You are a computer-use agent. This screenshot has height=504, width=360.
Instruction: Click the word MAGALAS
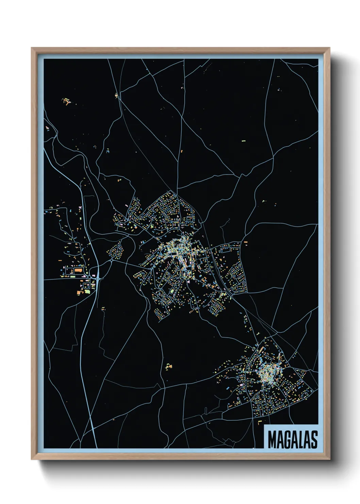[x=292, y=439]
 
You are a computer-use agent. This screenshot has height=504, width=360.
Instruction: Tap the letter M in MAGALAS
[x=272, y=439]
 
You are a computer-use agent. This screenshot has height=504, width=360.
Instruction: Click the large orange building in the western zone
[x=79, y=270]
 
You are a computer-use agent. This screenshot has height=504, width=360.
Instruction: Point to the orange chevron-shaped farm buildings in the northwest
[x=66, y=101]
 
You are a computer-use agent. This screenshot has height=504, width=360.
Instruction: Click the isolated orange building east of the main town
[x=245, y=242]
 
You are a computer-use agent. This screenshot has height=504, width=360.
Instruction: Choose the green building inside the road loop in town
[x=172, y=290]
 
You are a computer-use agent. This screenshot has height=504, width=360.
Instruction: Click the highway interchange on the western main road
[x=98, y=279]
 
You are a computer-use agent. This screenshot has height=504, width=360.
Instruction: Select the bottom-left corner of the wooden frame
[x=32, y=459]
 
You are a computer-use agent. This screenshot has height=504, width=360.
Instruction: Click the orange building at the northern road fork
[x=116, y=95]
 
